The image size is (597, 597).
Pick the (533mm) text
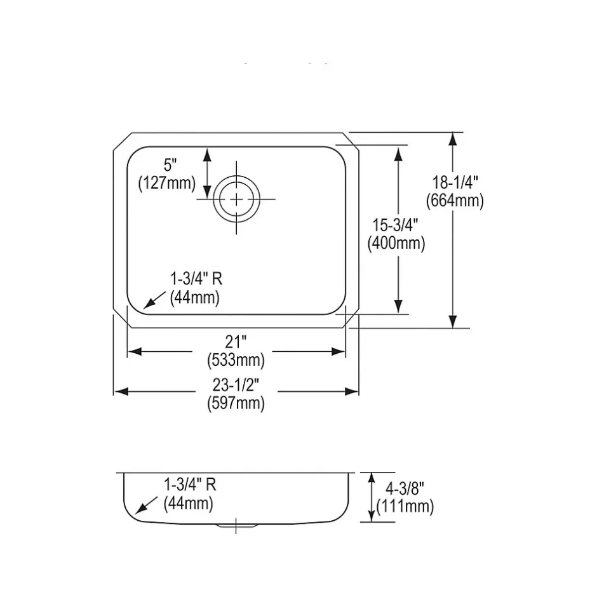236,361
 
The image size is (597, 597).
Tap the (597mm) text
236,403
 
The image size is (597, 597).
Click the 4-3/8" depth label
405,488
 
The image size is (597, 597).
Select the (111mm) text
405,506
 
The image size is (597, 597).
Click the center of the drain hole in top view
237,199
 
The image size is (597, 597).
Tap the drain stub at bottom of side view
236,525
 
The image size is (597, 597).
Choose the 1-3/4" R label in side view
190,485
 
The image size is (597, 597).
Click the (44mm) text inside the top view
194,297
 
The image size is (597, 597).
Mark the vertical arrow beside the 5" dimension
207,172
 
